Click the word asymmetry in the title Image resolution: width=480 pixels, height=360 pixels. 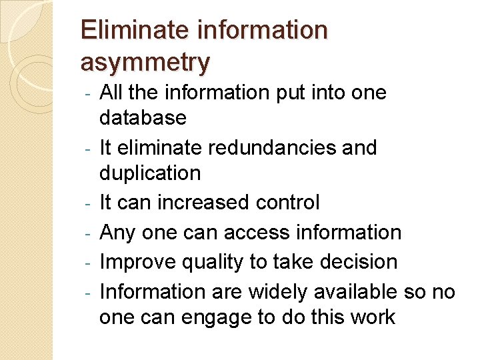pyautogui.click(x=145, y=62)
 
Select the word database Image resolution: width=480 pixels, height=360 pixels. pyautogui.click(x=143, y=118)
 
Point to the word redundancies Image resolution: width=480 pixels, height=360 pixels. pyautogui.click(x=275, y=147)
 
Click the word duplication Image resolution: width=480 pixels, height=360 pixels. pyautogui.click(x=150, y=173)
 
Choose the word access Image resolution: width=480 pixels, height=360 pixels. pyautogui.click(x=257, y=232)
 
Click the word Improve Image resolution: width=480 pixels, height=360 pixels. pyautogui.click(x=138, y=262)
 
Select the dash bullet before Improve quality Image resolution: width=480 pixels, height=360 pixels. pyautogui.click(x=88, y=263)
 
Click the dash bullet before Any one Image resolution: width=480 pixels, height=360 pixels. pyautogui.click(x=88, y=233)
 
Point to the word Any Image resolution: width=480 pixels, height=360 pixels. pyautogui.click(x=116, y=233)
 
